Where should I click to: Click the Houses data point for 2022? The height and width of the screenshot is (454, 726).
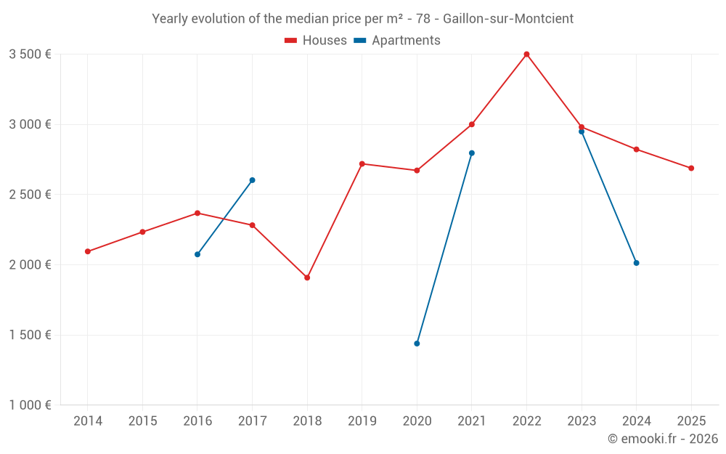[526, 54]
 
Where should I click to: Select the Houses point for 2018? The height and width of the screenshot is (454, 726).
[307, 277]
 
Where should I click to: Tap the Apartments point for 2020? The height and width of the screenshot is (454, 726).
[417, 344]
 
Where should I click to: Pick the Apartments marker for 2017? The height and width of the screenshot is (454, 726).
[252, 180]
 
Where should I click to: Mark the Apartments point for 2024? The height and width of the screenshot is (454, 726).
[636, 263]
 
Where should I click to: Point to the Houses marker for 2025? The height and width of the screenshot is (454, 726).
[691, 169]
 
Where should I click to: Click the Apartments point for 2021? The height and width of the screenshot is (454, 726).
[472, 153]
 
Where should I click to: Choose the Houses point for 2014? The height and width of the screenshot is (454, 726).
[88, 251]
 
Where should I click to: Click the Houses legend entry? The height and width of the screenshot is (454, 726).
[316, 41]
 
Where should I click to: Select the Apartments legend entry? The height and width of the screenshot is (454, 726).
[397, 41]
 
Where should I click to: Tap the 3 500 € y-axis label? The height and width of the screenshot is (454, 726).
[30, 54]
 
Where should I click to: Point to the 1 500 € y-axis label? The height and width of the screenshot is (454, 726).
[30, 335]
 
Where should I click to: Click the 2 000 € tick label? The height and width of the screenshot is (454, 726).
[30, 265]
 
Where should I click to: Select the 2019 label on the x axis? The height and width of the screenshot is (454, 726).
[362, 421]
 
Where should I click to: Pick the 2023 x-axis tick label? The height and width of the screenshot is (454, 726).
[582, 421]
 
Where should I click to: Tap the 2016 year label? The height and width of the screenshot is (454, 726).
[197, 421]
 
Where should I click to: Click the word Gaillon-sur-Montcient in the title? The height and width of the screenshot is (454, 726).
[508, 19]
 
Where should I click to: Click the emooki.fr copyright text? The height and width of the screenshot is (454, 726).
[663, 439]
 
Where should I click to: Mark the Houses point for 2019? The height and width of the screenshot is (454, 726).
[362, 163]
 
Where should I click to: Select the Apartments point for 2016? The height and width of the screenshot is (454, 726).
[197, 254]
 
